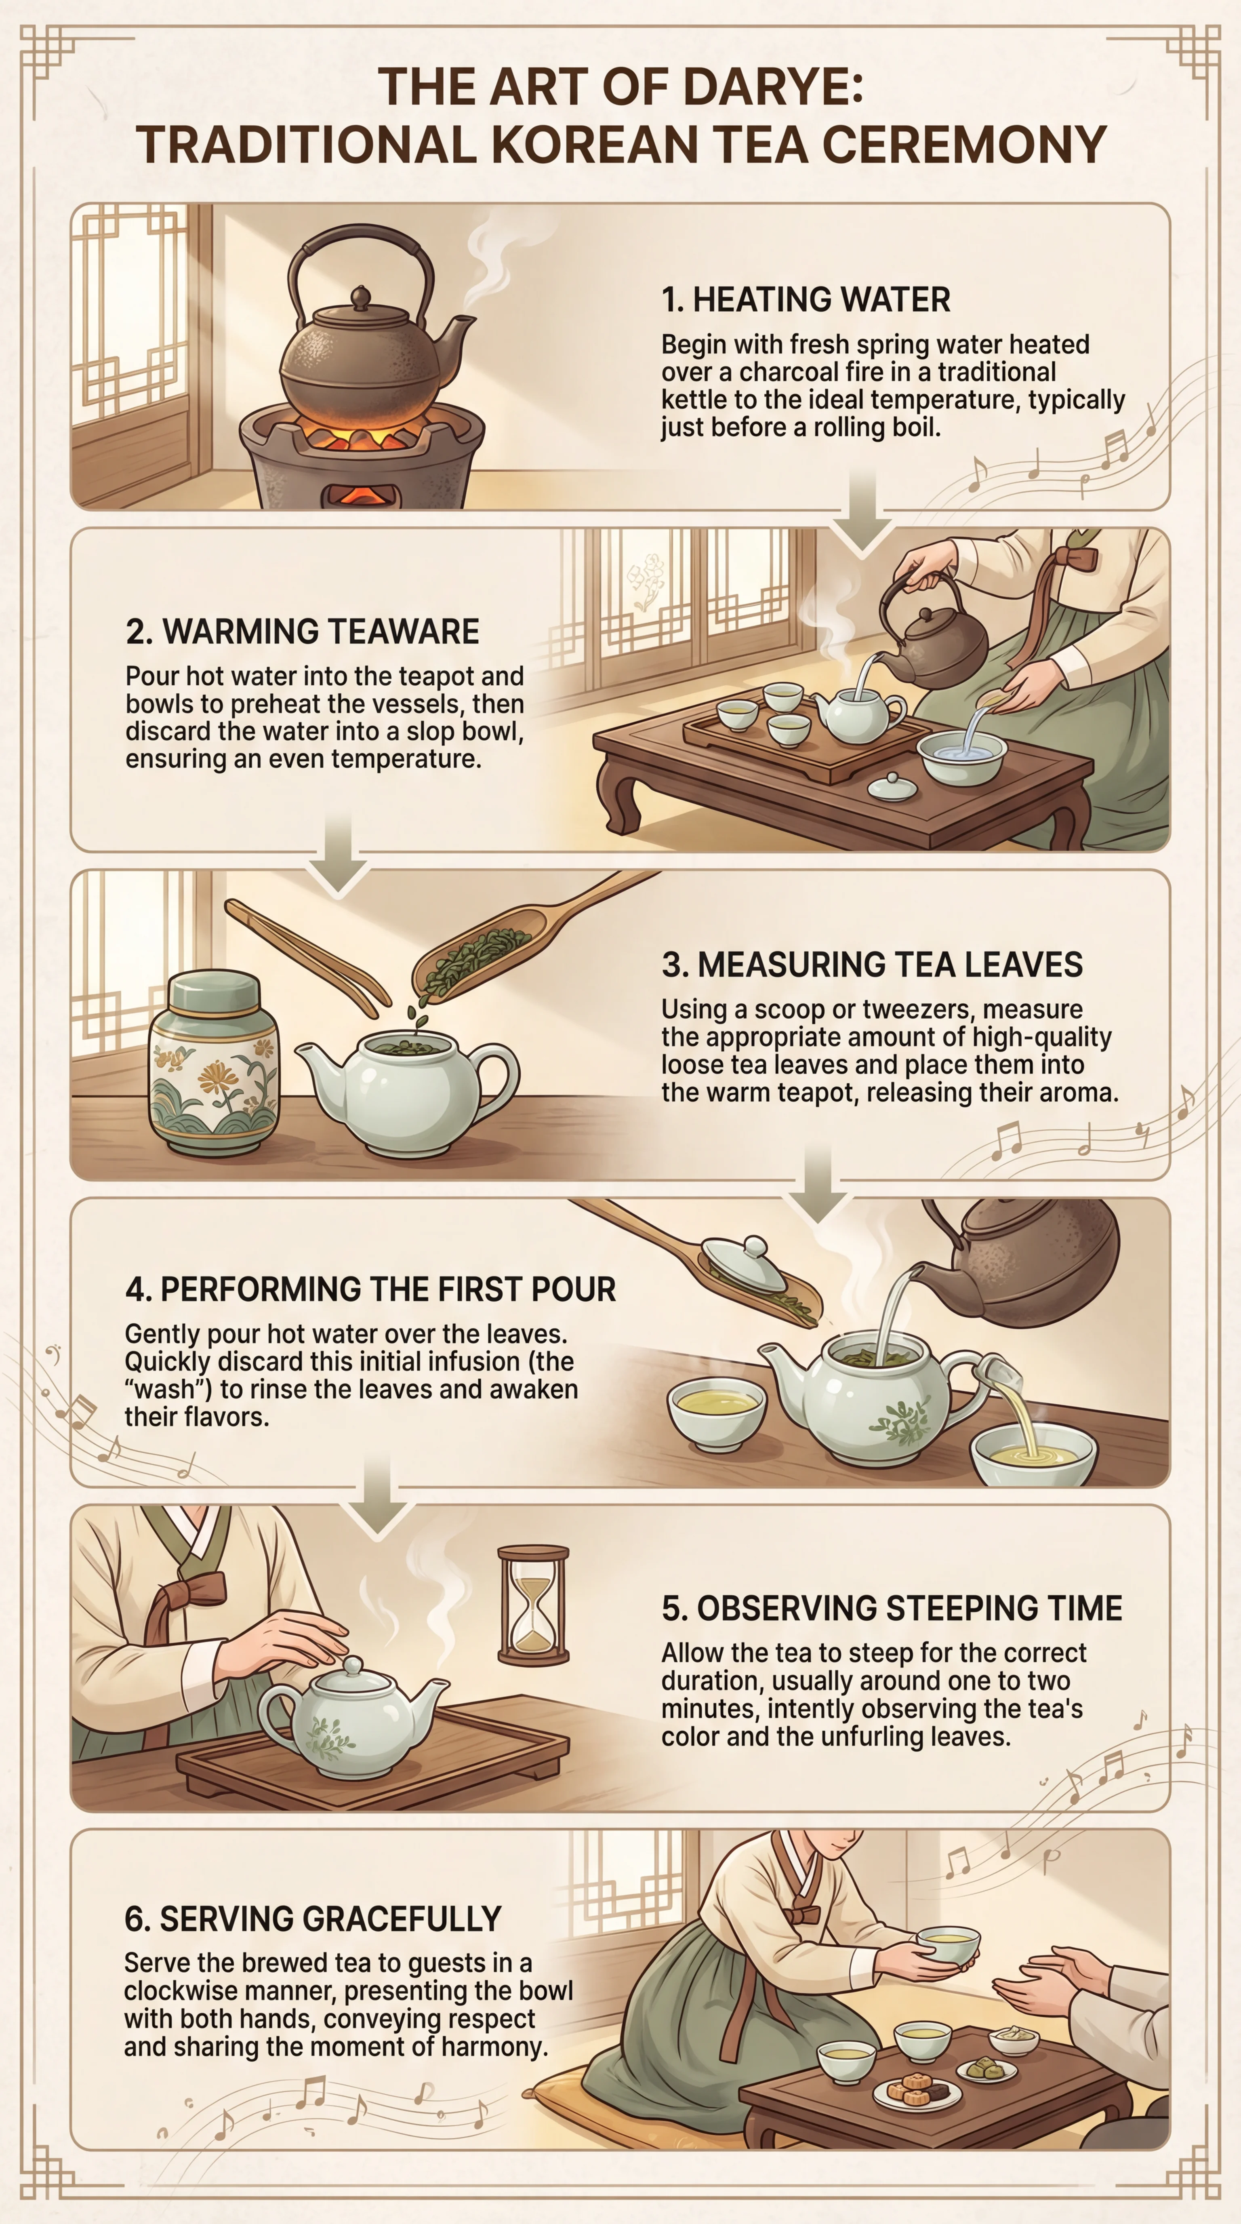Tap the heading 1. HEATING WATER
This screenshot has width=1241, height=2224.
805,299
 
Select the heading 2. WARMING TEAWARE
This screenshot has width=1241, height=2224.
302,631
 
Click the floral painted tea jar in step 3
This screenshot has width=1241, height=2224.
214,1064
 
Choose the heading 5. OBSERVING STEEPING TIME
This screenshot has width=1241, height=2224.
892,1607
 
